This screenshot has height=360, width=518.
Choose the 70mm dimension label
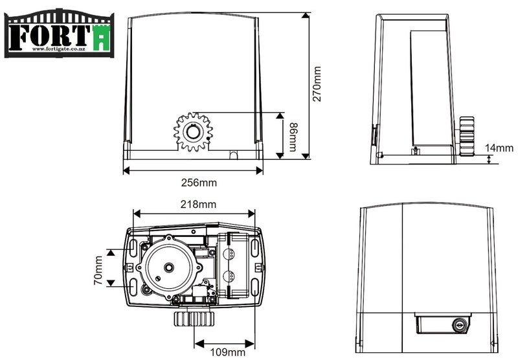coord(98,270)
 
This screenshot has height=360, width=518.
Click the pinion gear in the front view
coord(193,131)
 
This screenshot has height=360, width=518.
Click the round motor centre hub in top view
coord(168,267)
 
